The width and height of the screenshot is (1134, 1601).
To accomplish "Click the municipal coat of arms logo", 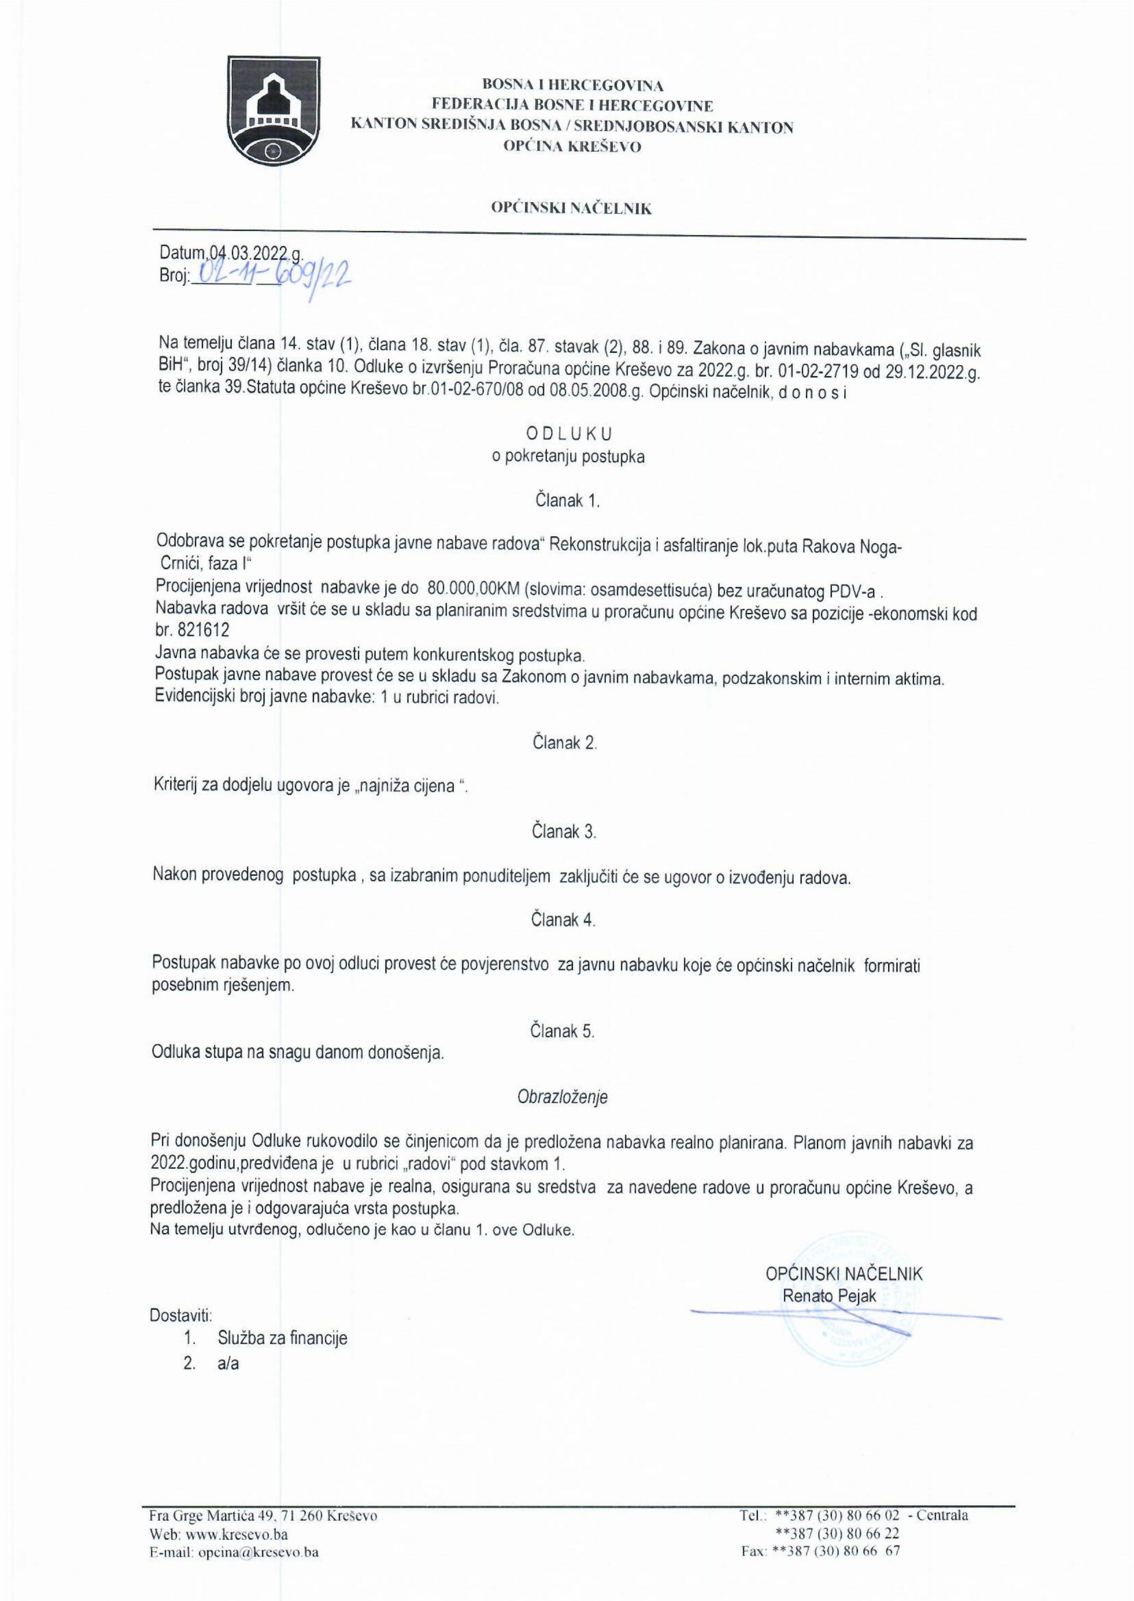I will (x=276, y=110).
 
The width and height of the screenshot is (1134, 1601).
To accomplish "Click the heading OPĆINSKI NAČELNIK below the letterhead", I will (x=571, y=209).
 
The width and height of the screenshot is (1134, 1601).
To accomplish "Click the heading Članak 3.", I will (x=564, y=831).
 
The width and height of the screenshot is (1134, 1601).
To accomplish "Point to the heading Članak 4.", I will (x=564, y=920).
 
